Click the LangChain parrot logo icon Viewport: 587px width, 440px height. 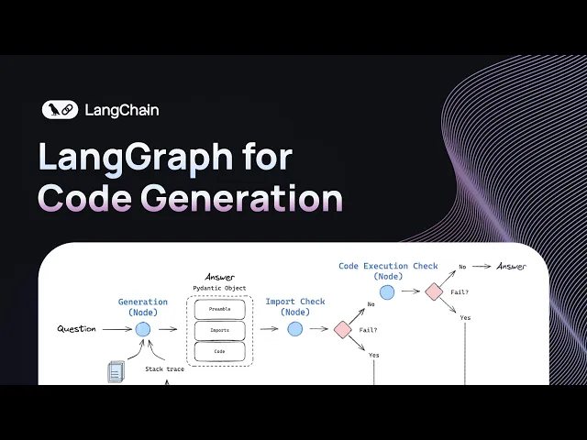pos(61,110)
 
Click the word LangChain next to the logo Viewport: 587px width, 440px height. pos(121,110)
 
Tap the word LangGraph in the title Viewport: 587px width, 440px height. pos(136,158)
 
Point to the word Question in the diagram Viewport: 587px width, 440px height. pos(77,329)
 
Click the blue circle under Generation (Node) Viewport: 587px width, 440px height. pos(143,329)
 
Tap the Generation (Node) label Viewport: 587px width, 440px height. pos(143,307)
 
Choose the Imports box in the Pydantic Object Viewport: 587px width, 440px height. pos(220,330)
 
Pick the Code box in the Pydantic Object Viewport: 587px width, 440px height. pos(220,350)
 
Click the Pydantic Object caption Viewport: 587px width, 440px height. pos(220,289)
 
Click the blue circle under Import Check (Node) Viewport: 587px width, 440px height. pos(295,329)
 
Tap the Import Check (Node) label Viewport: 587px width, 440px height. pos(295,307)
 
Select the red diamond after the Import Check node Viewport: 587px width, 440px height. pos(343,329)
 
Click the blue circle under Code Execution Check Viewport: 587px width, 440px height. pos(388,292)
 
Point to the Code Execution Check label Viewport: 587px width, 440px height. pos(388,270)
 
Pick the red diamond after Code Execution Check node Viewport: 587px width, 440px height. pos(434,291)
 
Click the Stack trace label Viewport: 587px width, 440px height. pos(166,369)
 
